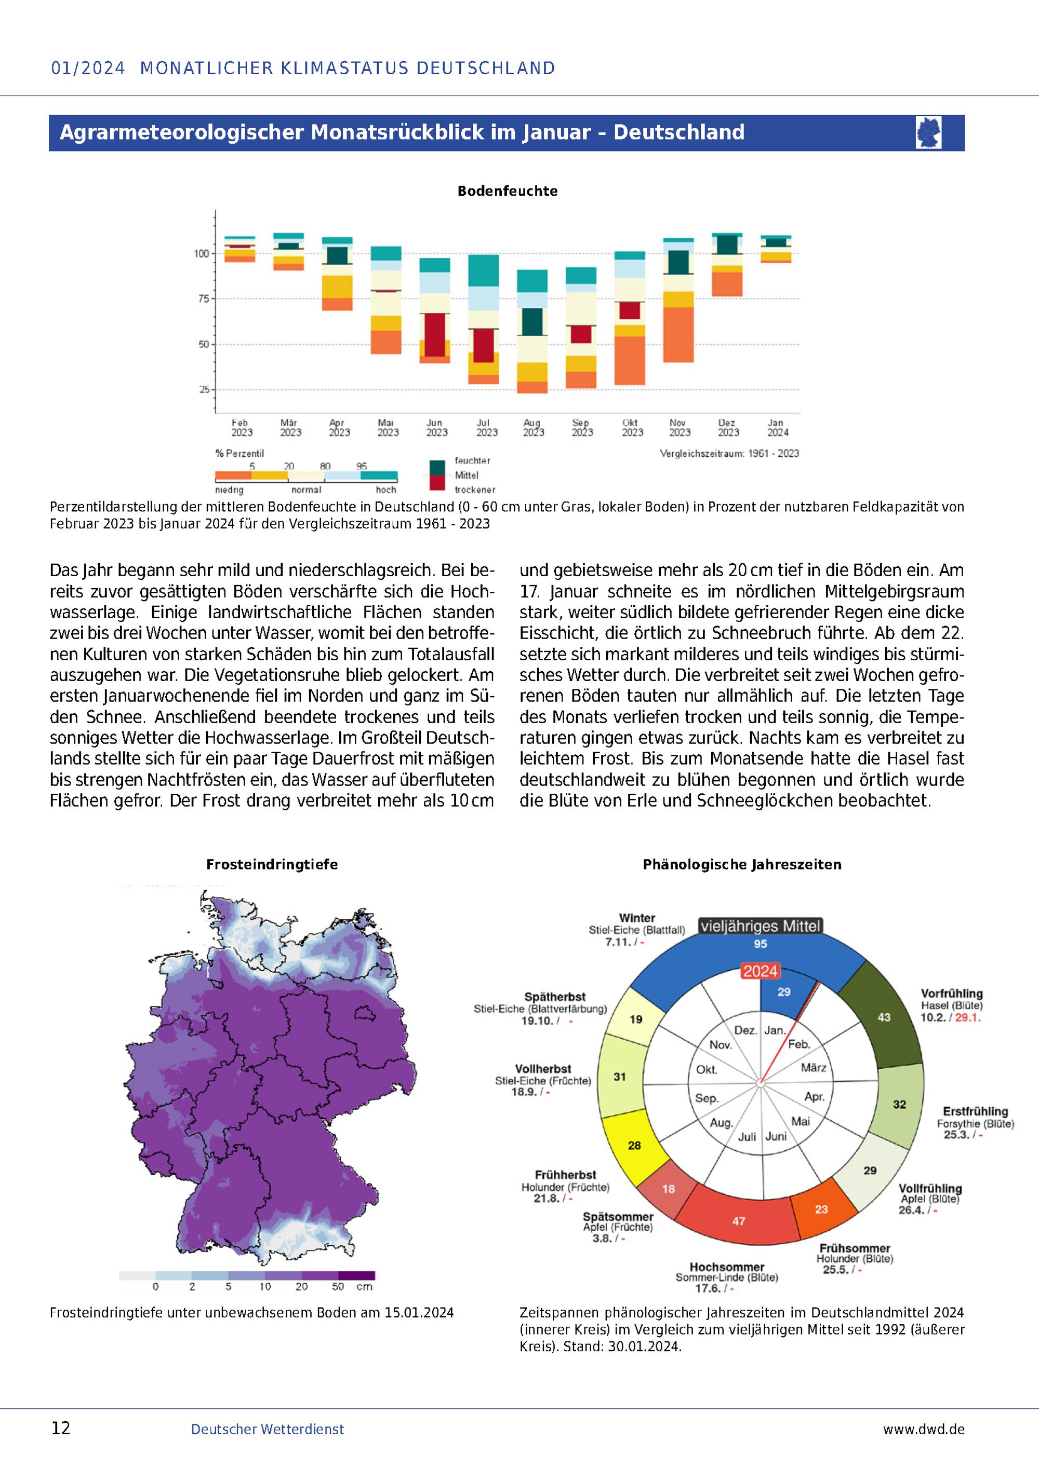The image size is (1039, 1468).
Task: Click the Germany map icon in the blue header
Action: (x=928, y=132)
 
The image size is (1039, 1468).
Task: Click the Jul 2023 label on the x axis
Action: (x=486, y=428)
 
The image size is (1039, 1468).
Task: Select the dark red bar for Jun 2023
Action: (x=434, y=335)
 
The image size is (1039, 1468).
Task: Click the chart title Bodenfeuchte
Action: (x=508, y=191)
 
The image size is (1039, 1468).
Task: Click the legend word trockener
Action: (x=475, y=490)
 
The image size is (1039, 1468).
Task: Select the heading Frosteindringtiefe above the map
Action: (x=272, y=864)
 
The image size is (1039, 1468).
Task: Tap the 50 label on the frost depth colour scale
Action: (x=338, y=1286)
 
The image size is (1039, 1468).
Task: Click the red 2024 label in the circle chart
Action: (x=760, y=971)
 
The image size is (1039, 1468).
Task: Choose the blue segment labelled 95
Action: (x=760, y=944)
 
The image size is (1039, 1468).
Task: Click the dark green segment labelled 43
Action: (x=884, y=1016)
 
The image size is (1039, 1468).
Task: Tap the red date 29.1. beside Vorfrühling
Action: (x=968, y=1017)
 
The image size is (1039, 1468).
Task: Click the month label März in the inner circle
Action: (x=814, y=1068)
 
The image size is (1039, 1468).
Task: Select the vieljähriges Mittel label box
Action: (x=760, y=926)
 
